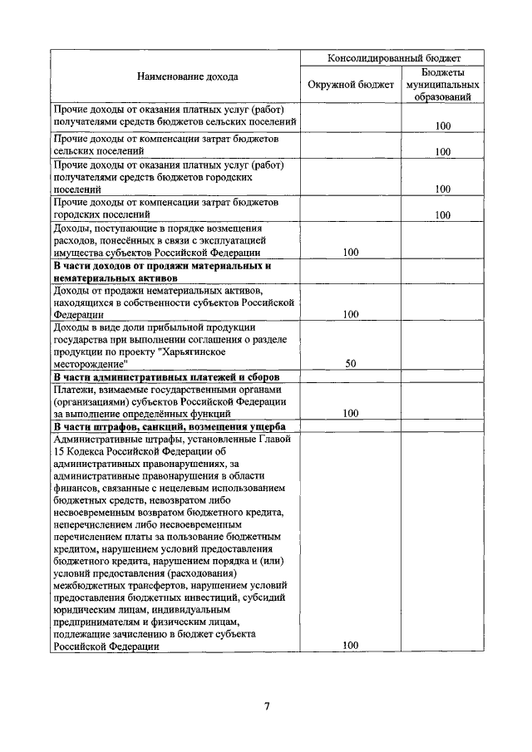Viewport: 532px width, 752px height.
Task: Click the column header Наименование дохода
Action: [175, 76]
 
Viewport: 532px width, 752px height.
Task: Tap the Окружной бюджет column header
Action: [350, 85]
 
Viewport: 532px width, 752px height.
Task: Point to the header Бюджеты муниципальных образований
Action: [441, 85]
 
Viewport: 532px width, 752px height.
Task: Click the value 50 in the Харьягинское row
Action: [350, 364]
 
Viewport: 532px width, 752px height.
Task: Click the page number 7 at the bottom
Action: [267, 707]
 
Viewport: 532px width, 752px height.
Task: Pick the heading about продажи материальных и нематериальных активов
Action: [162, 272]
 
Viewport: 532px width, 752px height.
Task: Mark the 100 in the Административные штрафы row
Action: [350, 645]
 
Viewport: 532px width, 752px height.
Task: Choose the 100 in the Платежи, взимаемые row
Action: [350, 413]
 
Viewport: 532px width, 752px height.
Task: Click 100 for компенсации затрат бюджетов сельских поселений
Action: [442, 152]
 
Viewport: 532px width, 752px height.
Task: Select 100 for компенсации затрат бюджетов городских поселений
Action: [442, 215]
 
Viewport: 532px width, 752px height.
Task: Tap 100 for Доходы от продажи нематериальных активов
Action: [350, 314]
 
